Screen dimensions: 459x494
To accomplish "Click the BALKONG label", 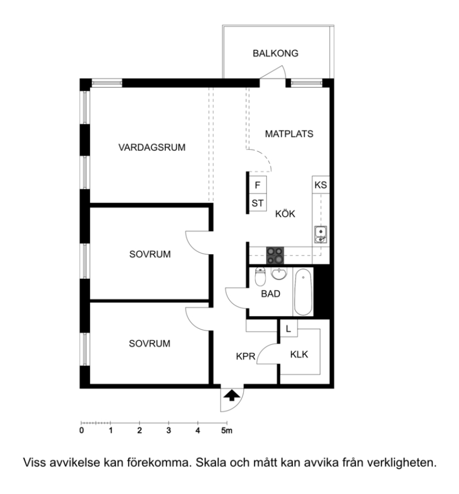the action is [275, 53].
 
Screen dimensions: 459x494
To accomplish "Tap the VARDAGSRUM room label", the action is [152, 147].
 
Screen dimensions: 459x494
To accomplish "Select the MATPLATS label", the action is [289, 134].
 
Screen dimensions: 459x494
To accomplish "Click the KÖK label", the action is [285, 214].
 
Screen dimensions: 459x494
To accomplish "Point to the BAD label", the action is [271, 294].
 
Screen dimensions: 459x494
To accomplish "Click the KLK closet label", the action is [299, 355].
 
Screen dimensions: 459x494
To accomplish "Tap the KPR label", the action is [245, 356].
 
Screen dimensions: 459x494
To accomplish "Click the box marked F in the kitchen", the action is [258, 184].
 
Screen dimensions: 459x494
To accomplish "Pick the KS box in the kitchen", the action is [321, 184].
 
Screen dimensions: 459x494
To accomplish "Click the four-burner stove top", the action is [275, 255].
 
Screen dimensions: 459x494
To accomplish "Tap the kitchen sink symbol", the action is [321, 235].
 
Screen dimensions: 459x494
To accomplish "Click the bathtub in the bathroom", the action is [303, 292].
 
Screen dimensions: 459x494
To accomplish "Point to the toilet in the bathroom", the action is [260, 277].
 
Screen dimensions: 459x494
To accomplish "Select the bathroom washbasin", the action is [279, 273].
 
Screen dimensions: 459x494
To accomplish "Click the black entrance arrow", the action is [232, 395].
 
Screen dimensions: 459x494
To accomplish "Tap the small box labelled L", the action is [288, 329].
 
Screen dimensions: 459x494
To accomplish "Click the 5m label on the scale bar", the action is [227, 430].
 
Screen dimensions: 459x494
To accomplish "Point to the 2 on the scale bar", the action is [139, 430].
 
